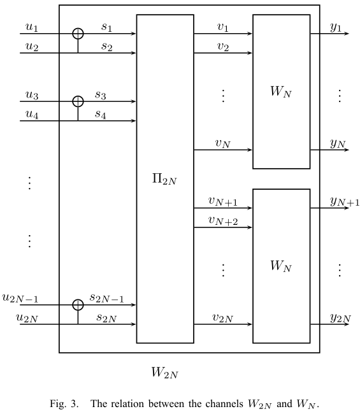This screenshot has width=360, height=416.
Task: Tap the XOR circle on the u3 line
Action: coord(78,101)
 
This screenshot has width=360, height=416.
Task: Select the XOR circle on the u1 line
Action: coord(78,33)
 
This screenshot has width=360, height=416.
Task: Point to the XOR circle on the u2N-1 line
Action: coord(78,305)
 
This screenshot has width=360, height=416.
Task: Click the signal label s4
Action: coord(101,115)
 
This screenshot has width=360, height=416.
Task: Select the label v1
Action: coord(222,27)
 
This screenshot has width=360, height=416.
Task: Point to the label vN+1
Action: coord(222,201)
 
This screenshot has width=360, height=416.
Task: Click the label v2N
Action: coord(222,318)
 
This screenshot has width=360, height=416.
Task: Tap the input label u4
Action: coord(31,115)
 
